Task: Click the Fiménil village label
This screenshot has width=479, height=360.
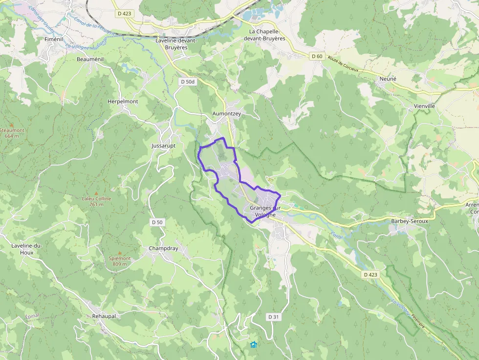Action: pyautogui.click(x=54, y=39)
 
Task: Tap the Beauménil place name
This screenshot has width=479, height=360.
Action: pyautogui.click(x=90, y=59)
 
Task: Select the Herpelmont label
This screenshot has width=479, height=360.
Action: pyautogui.click(x=123, y=102)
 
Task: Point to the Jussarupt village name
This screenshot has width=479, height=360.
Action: pyautogui.click(x=163, y=146)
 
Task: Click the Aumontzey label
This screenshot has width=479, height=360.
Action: pyautogui.click(x=227, y=113)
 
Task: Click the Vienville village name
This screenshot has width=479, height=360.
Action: pyautogui.click(x=424, y=106)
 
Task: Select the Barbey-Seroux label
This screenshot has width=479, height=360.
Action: pyautogui.click(x=410, y=221)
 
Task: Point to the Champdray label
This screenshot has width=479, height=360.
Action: pyautogui.click(x=163, y=248)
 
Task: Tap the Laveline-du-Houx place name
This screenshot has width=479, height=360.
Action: pyautogui.click(x=29, y=249)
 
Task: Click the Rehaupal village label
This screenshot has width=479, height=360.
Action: pyautogui.click(x=104, y=316)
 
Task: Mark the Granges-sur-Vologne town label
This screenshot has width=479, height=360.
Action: pyautogui.click(x=262, y=212)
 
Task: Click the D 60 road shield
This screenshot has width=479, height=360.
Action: pyautogui.click(x=317, y=56)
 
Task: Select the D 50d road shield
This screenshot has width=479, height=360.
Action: pyautogui.click(x=187, y=82)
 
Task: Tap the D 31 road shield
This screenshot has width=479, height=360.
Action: pyautogui.click(x=273, y=317)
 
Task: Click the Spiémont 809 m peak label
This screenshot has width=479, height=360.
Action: pyautogui.click(x=120, y=261)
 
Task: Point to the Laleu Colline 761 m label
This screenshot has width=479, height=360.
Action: pyautogui.click(x=97, y=201)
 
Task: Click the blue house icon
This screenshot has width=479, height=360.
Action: pyautogui.click(x=253, y=345)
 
